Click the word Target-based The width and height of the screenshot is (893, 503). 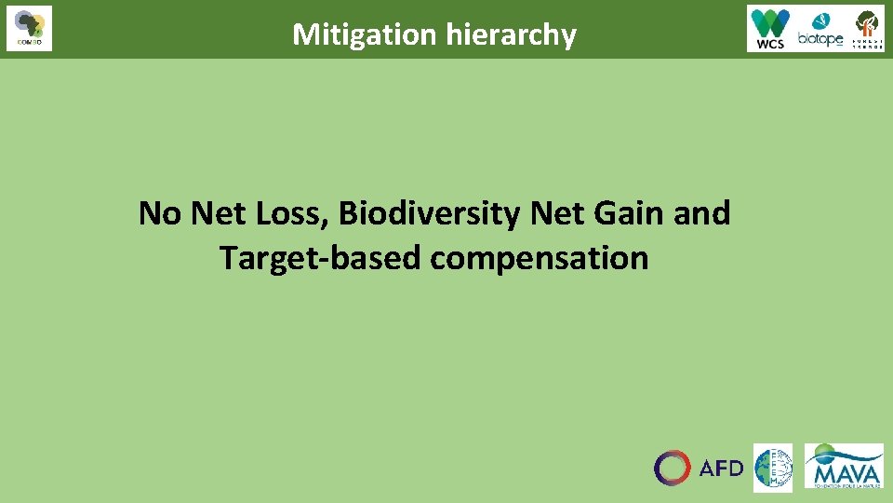tap(320, 257)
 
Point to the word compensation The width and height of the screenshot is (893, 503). tap(539, 258)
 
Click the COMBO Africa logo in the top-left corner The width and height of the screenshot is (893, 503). tap(29, 28)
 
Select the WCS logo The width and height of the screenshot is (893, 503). tap(771, 28)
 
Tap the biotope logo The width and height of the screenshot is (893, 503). tap(820, 29)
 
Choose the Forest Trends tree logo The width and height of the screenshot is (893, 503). tap(868, 28)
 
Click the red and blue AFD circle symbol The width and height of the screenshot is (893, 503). tap(673, 468)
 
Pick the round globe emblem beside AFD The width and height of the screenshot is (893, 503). tap(772, 468)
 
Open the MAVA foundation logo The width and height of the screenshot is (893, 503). tap(844, 466)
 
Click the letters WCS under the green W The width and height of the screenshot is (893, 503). tap(771, 43)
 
